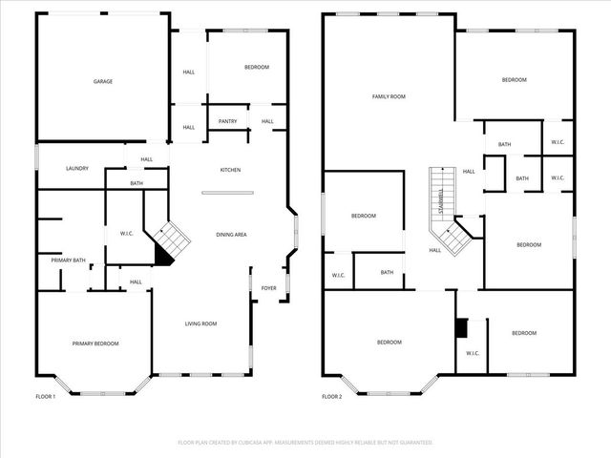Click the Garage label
pyautogui.click(x=103, y=81)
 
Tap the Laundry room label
pyautogui.click(x=77, y=169)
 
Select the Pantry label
pyautogui.click(x=227, y=121)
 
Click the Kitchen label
pyautogui.click(x=230, y=170)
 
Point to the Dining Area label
pyautogui.click(x=232, y=234)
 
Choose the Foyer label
pyautogui.click(x=269, y=287)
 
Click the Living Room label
pyautogui.click(x=200, y=323)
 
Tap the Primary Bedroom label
pyautogui.click(x=95, y=343)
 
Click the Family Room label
pyautogui.click(x=389, y=96)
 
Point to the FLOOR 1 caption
pyautogui.click(x=45, y=396)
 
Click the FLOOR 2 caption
pyautogui.click(x=331, y=396)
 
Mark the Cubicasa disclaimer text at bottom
pyautogui.click(x=305, y=443)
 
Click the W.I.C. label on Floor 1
pyautogui.click(x=126, y=233)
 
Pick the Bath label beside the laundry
pyautogui.click(x=137, y=183)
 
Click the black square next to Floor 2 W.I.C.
pyautogui.click(x=461, y=327)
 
